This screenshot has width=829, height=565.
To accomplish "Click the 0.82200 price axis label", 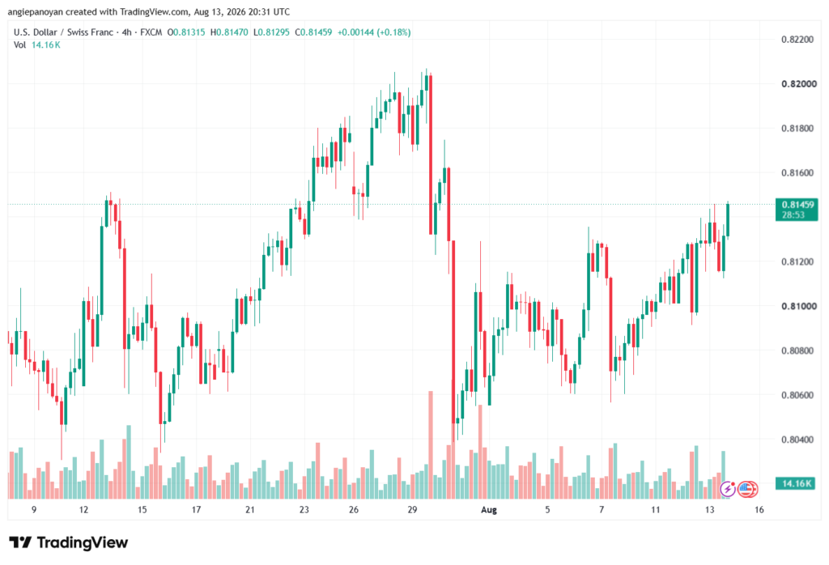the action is click(x=797, y=40).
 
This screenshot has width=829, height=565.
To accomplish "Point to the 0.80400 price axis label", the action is click(x=797, y=440).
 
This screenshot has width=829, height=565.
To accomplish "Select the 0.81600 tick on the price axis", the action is click(x=797, y=173).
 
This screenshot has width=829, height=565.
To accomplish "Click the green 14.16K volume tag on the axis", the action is click(x=797, y=483).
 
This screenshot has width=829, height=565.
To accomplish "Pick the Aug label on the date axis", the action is click(x=489, y=510).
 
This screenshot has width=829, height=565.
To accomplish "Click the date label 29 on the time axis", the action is click(x=412, y=510).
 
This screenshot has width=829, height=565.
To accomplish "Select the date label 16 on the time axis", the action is click(x=759, y=510).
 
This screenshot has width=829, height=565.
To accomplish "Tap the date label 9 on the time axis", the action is click(x=34, y=510).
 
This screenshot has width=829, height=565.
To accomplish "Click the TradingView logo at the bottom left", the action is click(x=69, y=543).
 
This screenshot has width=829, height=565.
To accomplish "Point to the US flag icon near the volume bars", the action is click(x=747, y=490).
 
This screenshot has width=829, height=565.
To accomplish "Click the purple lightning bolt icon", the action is click(x=728, y=490).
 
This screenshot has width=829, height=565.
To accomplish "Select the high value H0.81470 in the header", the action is click(x=229, y=32).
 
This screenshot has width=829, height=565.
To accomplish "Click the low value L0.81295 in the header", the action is click(x=271, y=32).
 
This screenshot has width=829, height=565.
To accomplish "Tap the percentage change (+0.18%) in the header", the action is click(x=393, y=32).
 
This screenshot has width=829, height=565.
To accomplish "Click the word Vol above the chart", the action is click(x=19, y=45).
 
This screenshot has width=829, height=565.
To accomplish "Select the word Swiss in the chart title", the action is click(x=79, y=32).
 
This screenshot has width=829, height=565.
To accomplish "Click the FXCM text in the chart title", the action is click(x=151, y=32).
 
